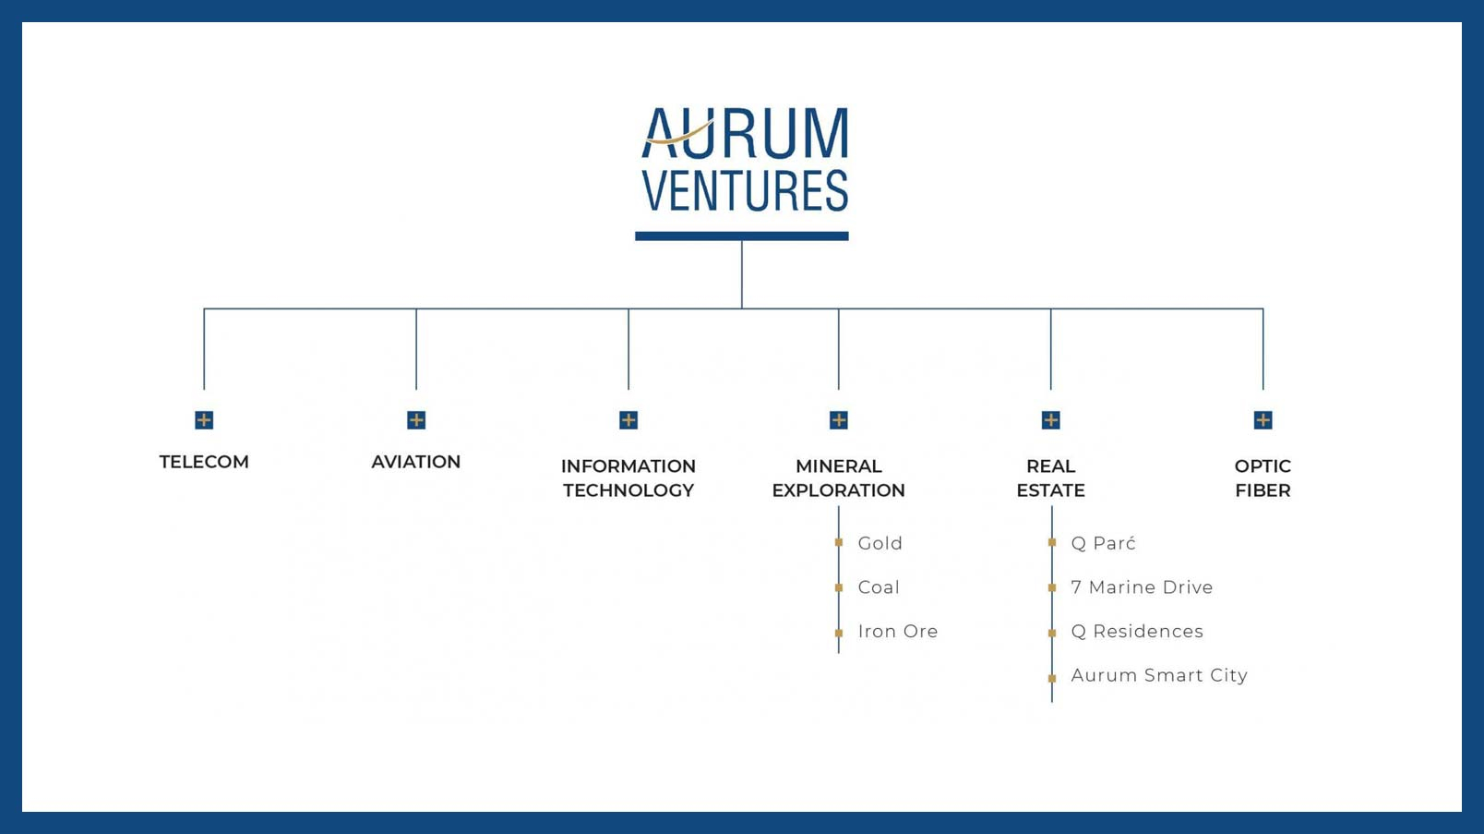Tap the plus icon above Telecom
[x=204, y=419]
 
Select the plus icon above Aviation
[x=416, y=419]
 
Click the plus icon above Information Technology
[x=628, y=419]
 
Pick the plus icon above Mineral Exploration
[x=839, y=419]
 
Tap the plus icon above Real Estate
[x=1051, y=419]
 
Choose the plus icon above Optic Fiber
[x=1263, y=419]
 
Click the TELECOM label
[x=204, y=462]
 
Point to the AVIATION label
[x=416, y=462]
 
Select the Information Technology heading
[x=628, y=478]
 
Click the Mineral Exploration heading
[x=839, y=478]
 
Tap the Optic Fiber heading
[x=1263, y=478]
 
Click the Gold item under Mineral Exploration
[x=880, y=543]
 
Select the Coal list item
[x=879, y=587]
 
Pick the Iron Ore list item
[x=898, y=631]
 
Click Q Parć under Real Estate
[x=1103, y=543]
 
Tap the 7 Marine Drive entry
[x=1142, y=587]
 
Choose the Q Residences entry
[x=1137, y=631]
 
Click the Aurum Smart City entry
[x=1159, y=675]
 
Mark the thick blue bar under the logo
[x=742, y=236]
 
